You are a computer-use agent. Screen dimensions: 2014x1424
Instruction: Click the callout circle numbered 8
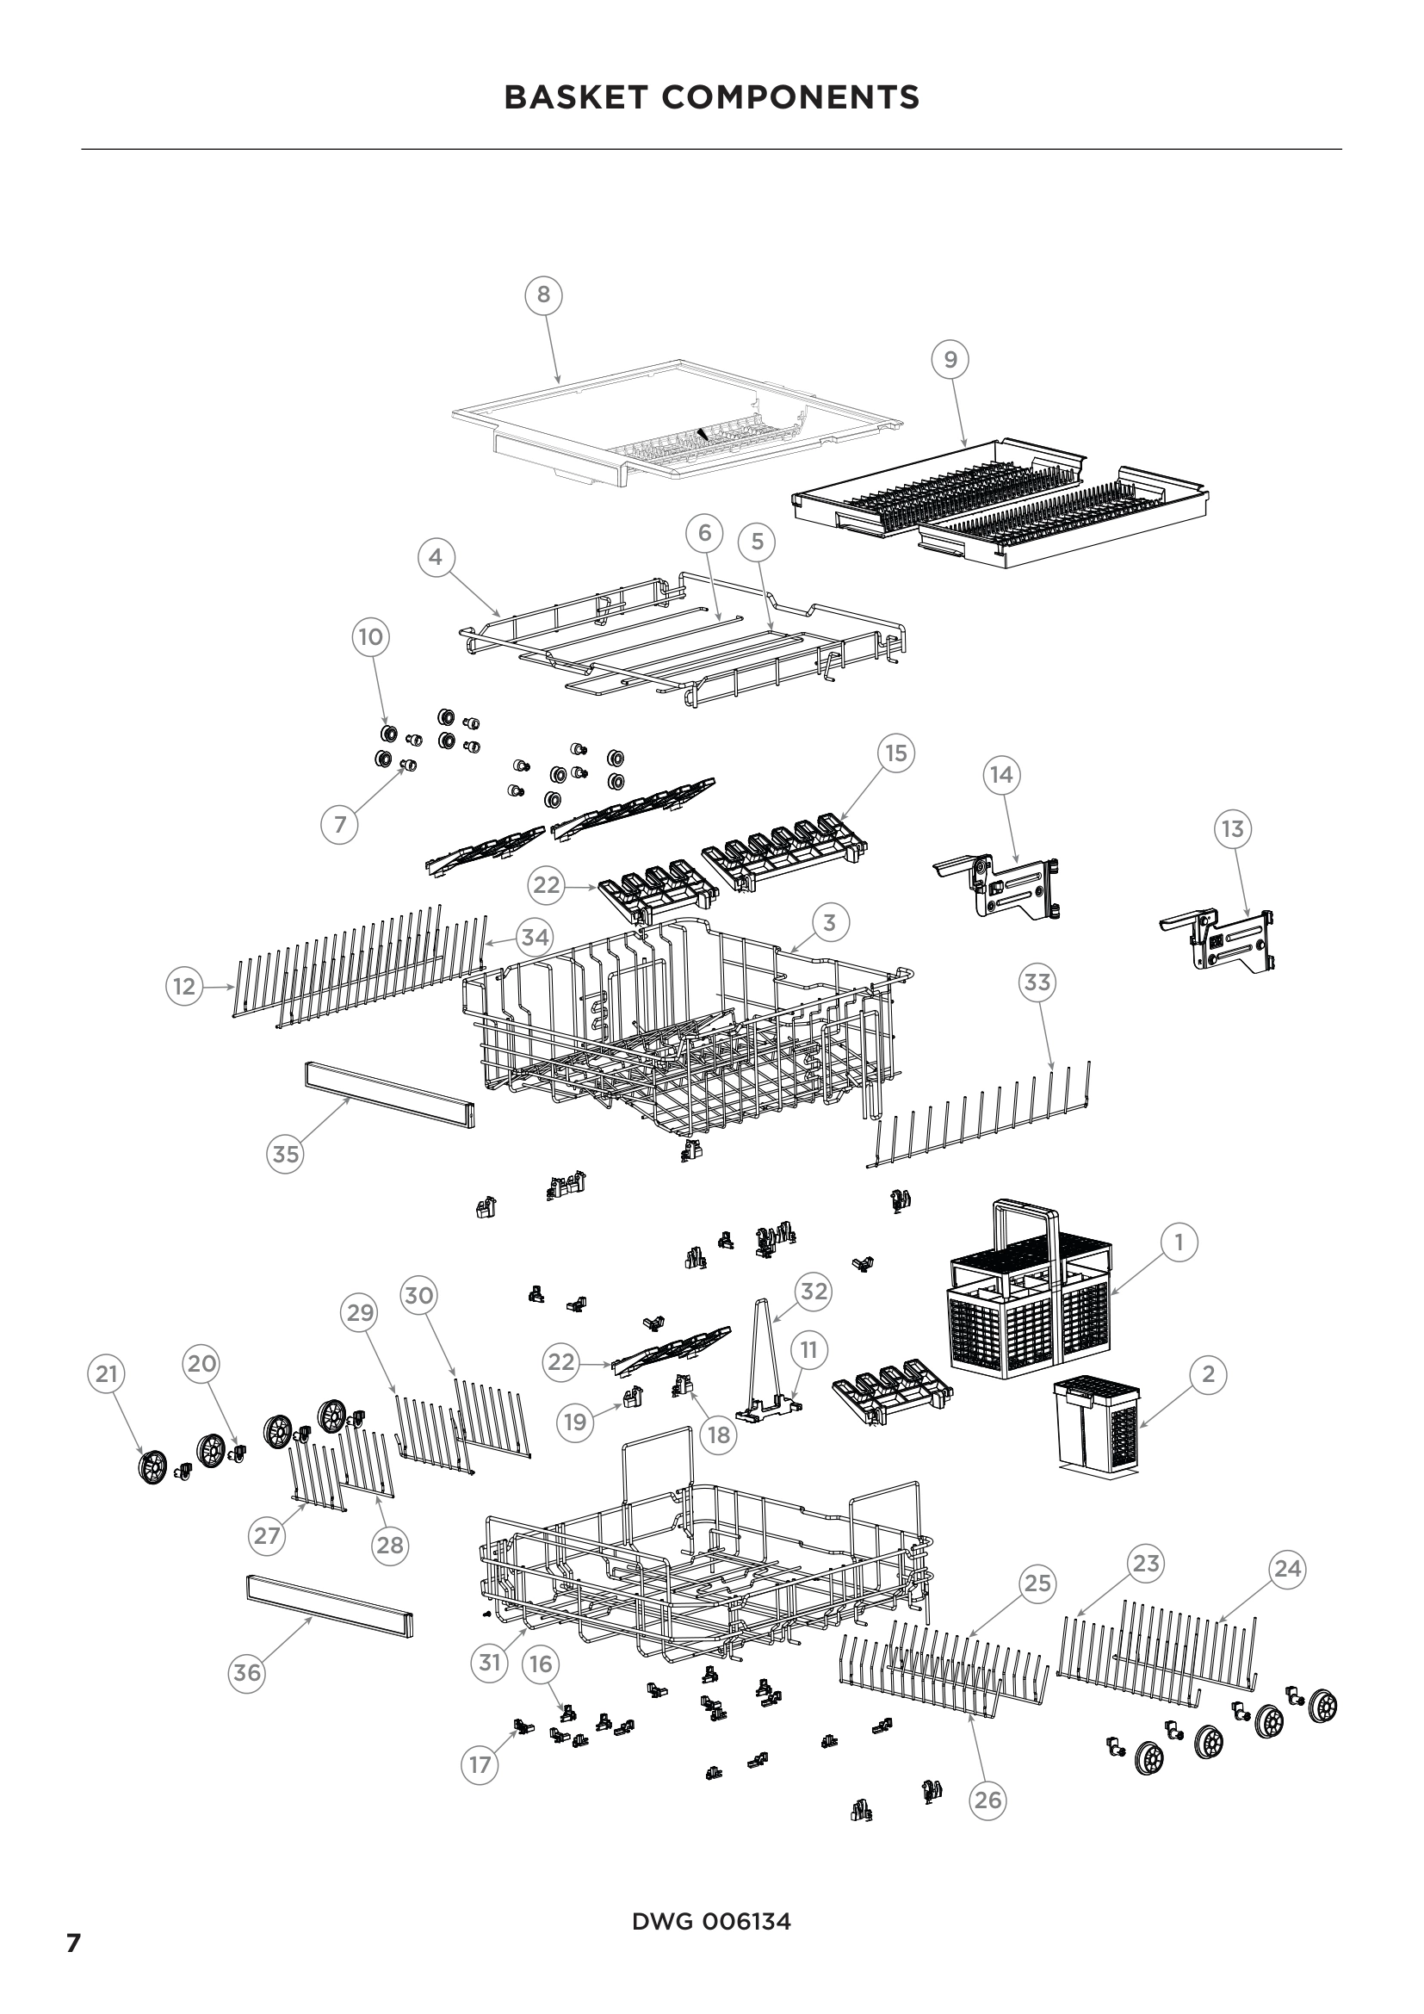coord(542,294)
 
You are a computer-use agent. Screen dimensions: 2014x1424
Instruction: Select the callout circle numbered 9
coord(950,359)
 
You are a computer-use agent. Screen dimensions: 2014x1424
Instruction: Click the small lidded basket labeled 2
coord(1096,1424)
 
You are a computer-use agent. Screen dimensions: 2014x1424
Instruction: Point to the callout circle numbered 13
coord(1233,829)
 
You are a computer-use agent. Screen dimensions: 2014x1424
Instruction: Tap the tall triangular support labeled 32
coord(765,1358)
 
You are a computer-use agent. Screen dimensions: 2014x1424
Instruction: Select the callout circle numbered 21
coord(106,1373)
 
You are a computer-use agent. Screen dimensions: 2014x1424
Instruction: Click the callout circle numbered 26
coord(988,1800)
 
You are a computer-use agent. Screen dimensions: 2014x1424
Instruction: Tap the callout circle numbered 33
coord(1037,982)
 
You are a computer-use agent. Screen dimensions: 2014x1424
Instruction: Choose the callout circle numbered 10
coord(371,637)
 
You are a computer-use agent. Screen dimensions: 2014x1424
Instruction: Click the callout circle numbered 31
coord(489,1662)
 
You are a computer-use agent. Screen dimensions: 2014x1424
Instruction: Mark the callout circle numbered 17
coord(480,1764)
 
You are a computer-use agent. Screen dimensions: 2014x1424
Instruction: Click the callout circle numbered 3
coord(829,922)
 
